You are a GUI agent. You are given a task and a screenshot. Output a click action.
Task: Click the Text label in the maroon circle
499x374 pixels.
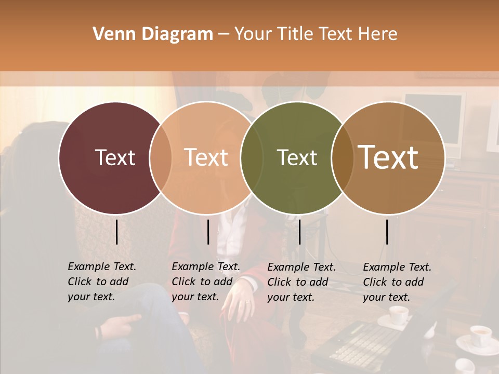[115, 157]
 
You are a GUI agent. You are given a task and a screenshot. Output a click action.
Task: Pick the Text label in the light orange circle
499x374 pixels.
[206, 157]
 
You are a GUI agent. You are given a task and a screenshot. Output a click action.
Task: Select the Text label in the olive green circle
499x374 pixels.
[297, 157]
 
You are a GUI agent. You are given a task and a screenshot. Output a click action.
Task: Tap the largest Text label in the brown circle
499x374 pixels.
[388, 157]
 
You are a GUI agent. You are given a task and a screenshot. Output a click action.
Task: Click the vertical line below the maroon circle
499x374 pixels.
[116, 232]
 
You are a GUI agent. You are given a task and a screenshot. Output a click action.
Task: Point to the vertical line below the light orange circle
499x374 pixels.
[208, 232]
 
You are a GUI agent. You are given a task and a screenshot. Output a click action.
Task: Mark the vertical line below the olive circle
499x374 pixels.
[299, 232]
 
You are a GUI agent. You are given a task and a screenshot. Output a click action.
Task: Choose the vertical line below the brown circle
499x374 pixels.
[387, 232]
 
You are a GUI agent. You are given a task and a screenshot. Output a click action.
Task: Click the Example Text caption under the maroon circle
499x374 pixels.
[101, 282]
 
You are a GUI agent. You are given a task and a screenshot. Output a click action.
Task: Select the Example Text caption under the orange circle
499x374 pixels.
[205, 282]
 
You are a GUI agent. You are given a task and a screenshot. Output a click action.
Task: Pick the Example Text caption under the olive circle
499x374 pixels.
[301, 282]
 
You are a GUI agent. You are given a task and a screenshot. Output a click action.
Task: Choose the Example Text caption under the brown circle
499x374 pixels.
[397, 282]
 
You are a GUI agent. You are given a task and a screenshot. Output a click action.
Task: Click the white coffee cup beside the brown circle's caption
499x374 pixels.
[399, 315]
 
